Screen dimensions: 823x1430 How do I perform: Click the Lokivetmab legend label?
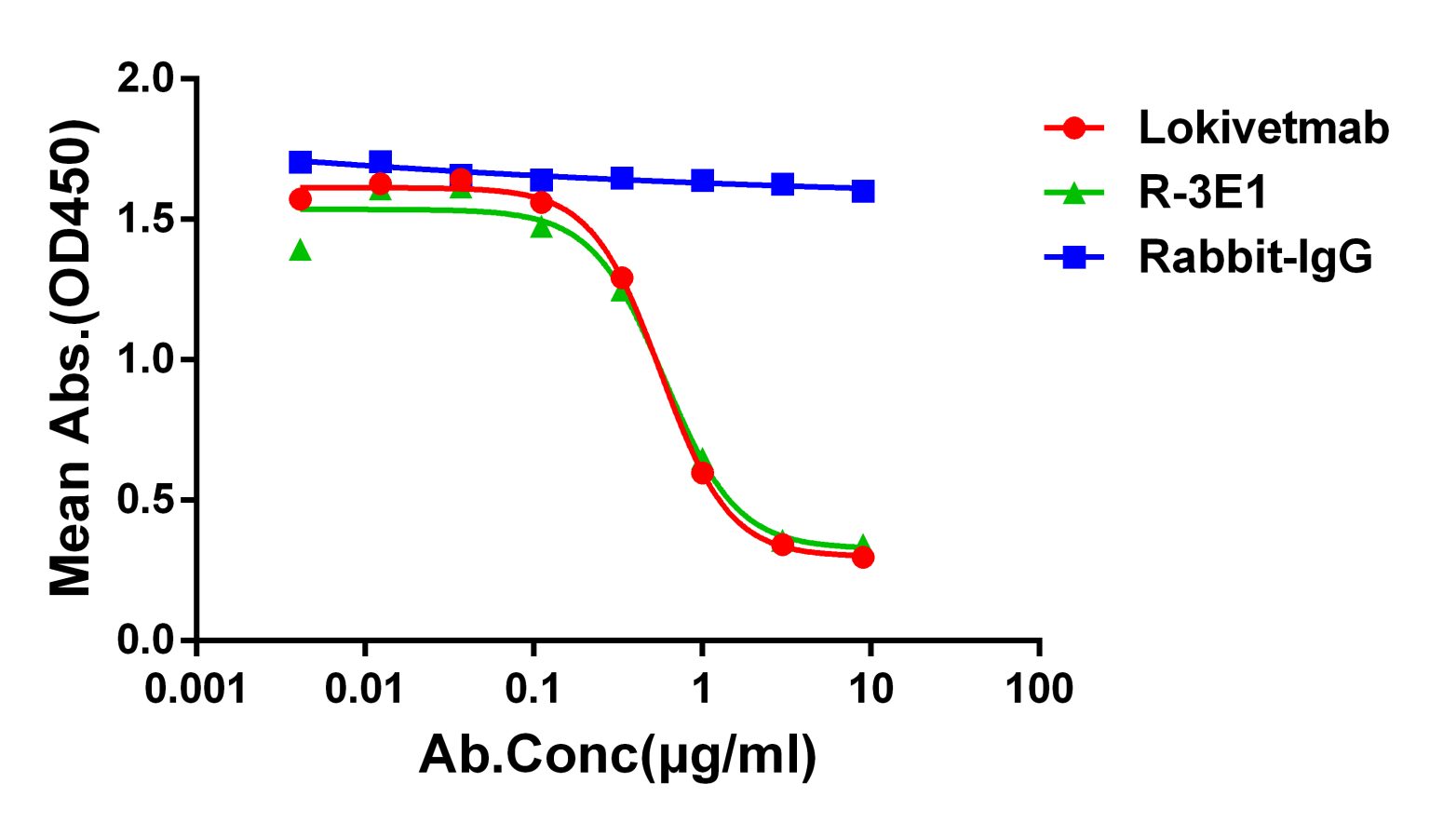[1262, 128]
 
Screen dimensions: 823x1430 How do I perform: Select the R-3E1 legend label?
[1203, 193]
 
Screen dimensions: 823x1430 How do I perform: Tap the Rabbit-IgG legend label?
[1254, 257]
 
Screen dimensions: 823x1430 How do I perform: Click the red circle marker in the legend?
[1073, 128]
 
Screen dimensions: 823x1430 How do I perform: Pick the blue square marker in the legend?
[1073, 257]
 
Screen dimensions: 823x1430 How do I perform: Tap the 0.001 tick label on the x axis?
[196, 690]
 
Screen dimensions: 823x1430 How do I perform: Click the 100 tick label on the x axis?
[1039, 690]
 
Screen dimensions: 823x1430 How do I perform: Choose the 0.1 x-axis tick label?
[533, 690]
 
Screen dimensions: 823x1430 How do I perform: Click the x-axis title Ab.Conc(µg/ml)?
[617, 755]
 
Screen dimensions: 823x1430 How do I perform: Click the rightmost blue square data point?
[863, 191]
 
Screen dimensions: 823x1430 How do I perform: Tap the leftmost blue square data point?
[300, 162]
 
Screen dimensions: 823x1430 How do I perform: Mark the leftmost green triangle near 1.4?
[300, 250]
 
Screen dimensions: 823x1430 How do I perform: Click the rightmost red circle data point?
[863, 557]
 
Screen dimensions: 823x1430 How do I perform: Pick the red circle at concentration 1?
[702, 473]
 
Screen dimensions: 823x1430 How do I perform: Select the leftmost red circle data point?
[300, 199]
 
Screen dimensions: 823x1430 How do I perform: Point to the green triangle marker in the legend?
[1073, 193]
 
